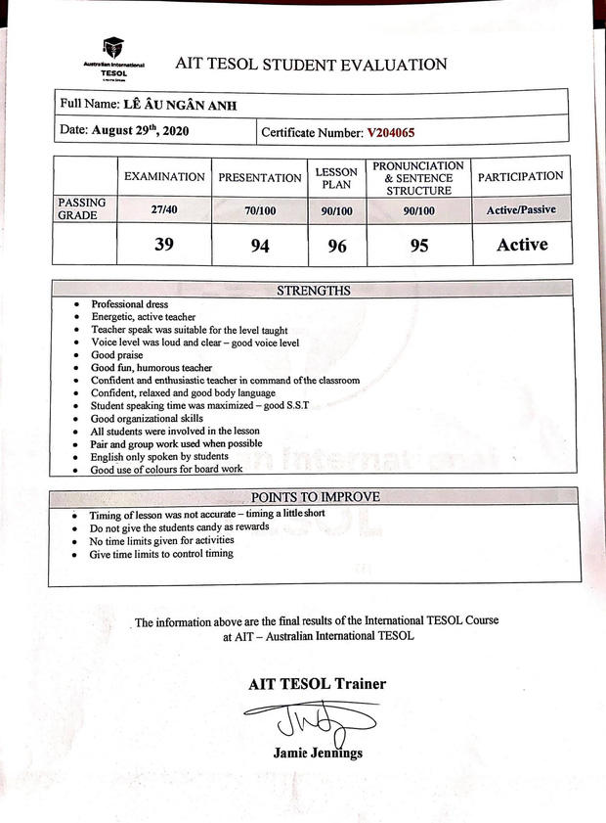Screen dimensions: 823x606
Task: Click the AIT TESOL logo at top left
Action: [x=113, y=55]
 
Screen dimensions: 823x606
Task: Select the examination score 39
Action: [x=164, y=245]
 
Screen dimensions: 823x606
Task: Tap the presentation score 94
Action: [x=259, y=246]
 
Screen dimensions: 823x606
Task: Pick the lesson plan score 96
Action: [x=337, y=246]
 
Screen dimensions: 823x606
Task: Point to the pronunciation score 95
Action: [x=418, y=246]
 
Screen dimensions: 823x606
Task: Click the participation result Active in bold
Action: [x=522, y=245]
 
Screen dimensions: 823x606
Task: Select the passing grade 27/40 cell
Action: [x=164, y=208]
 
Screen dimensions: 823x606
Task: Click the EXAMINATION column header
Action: [x=164, y=177]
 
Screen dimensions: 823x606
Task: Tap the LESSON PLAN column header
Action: [x=336, y=178]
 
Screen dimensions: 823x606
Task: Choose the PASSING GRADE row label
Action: [x=84, y=208]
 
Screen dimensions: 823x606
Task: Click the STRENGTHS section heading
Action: [x=314, y=291]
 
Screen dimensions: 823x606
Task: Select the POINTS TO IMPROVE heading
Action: [x=314, y=497]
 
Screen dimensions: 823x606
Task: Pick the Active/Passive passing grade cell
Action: [x=520, y=209]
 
